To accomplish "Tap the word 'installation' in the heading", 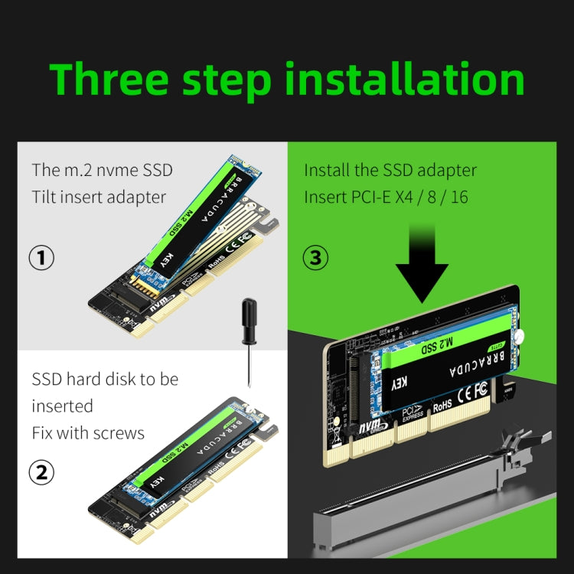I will (x=406, y=80).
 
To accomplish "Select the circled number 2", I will (x=41, y=472).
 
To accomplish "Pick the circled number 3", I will (x=315, y=258).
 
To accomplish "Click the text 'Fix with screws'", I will (x=88, y=433).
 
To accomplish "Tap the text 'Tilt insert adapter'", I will (x=99, y=197).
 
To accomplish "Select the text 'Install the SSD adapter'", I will (x=390, y=170).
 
